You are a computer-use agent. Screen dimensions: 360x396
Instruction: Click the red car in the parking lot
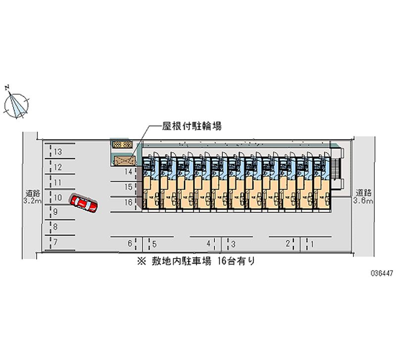[x=84, y=203]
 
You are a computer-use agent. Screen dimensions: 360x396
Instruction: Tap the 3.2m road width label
[x=32, y=202]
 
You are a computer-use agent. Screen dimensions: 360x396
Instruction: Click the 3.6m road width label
[x=363, y=202]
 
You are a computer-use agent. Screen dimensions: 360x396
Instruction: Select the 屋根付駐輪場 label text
[x=192, y=126]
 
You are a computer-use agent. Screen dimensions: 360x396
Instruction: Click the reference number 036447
[x=380, y=273]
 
